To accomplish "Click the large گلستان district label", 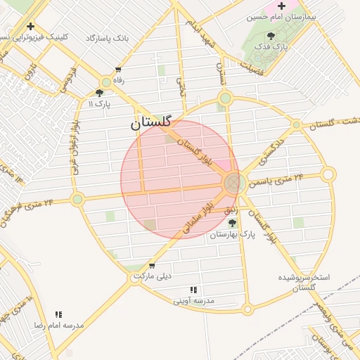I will (150, 122).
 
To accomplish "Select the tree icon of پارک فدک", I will (272, 36).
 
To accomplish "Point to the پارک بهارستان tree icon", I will (232, 224).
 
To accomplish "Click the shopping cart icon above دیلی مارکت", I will (152, 265).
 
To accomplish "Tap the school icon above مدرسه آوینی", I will (193, 290).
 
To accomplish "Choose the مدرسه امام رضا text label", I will (60, 326).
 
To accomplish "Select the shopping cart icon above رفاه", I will (117, 70).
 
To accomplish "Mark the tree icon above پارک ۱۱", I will (99, 92).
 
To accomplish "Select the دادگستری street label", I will (274, 145).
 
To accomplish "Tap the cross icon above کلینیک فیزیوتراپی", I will (30, 26).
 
